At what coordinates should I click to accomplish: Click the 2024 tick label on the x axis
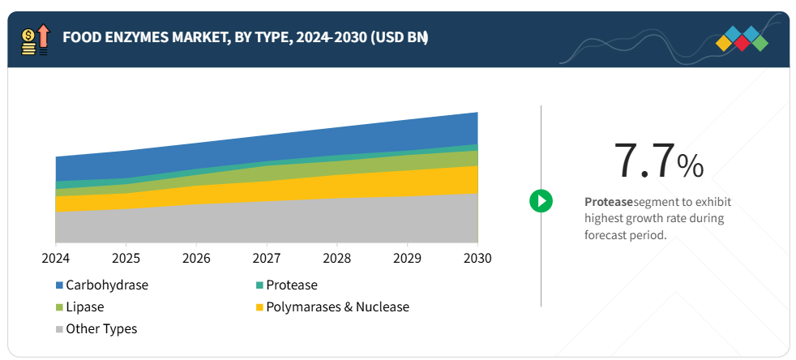pos(55,258)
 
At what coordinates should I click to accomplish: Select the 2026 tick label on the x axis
pos(196,258)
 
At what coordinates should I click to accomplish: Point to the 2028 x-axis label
pos(337,258)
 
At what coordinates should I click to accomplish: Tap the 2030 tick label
pos(477,258)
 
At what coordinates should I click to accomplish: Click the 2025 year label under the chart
pos(126,258)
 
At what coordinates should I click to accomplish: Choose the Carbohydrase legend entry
pos(106,285)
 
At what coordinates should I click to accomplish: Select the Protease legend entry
pos(291,285)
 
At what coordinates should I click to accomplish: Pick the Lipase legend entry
pos(84,307)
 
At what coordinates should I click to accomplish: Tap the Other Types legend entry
pos(101,329)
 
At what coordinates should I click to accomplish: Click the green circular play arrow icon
pos(541,200)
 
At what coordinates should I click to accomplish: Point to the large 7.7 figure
pos(644,161)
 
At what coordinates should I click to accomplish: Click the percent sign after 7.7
pos(691,166)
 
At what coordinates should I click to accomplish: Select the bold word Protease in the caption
pos(608,202)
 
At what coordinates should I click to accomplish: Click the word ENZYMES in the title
pos(142,37)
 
